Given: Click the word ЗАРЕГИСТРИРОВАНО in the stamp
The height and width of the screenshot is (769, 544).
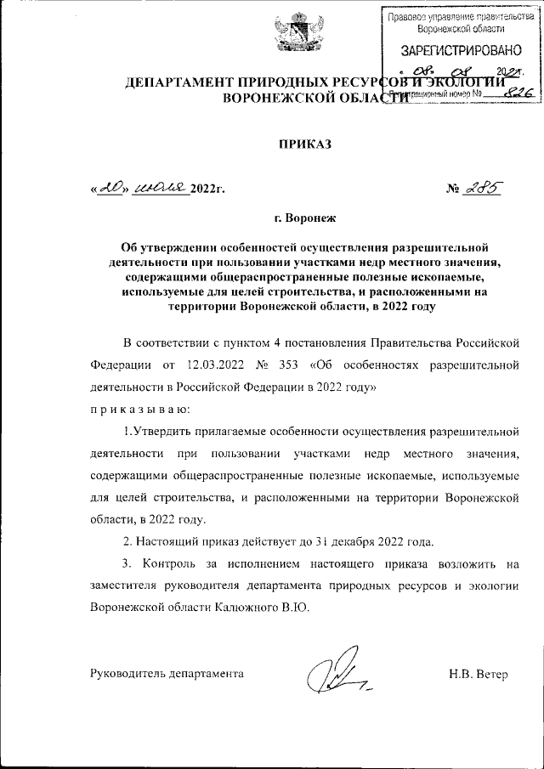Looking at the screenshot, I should tap(449, 52).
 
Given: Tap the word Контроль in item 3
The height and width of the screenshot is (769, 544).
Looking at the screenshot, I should tap(174, 563).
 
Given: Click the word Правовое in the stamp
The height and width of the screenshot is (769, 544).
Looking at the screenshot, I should tap(408, 16).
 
